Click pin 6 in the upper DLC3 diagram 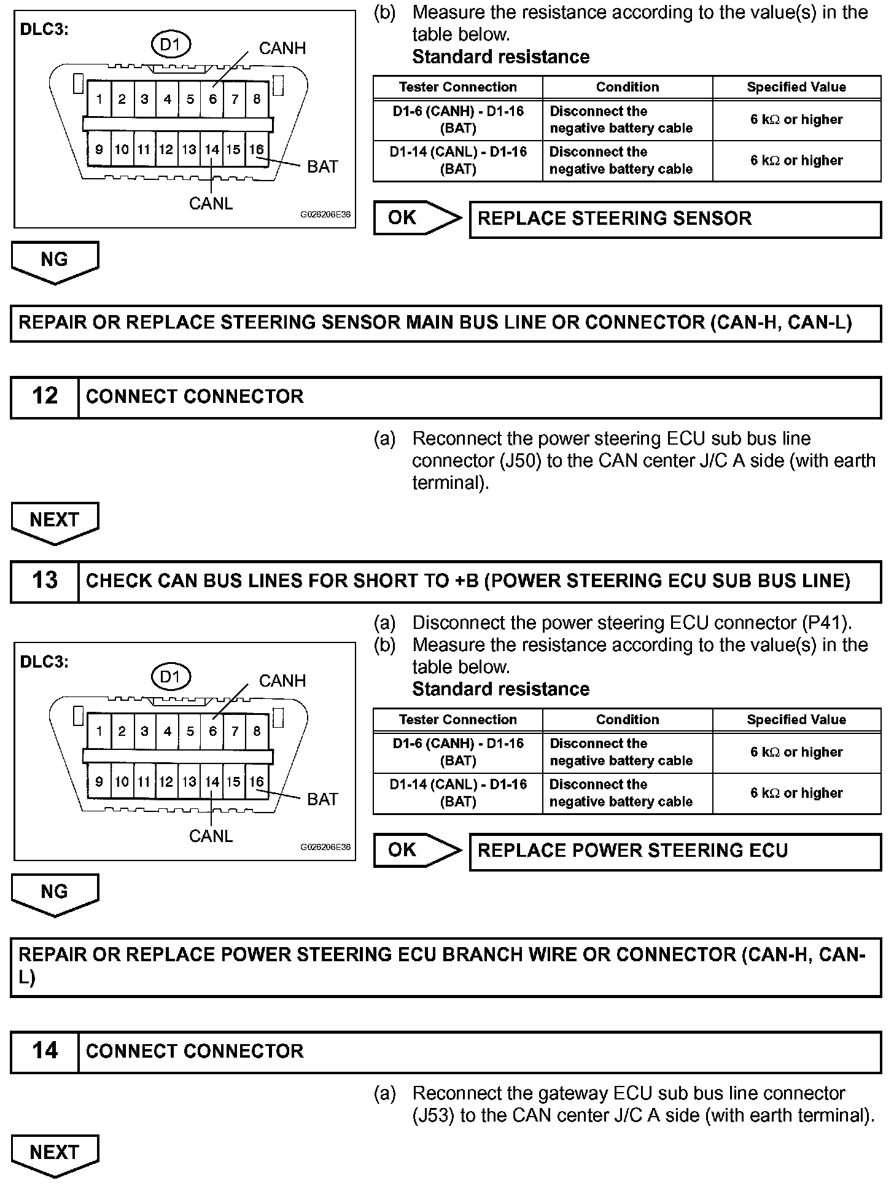pyautogui.click(x=212, y=99)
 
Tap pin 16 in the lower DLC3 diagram pyautogui.click(x=256, y=781)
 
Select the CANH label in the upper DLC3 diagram pyautogui.click(x=282, y=49)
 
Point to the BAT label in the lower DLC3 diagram pyautogui.click(x=322, y=799)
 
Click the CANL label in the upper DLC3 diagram pyautogui.click(x=211, y=203)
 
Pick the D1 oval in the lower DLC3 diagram pyautogui.click(x=171, y=677)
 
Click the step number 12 pyautogui.click(x=45, y=397)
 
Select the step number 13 pyautogui.click(x=45, y=580)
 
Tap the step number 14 pyautogui.click(x=45, y=1051)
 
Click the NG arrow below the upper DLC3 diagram pyautogui.click(x=55, y=260)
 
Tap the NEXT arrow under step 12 pyautogui.click(x=55, y=521)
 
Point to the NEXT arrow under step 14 pyautogui.click(x=55, y=1153)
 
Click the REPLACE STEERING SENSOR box pyautogui.click(x=675, y=219)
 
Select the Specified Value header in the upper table pyautogui.click(x=796, y=87)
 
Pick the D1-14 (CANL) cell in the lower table pyautogui.click(x=458, y=793)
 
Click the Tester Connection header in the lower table pyautogui.click(x=458, y=719)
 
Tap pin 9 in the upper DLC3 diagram pyautogui.click(x=99, y=149)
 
